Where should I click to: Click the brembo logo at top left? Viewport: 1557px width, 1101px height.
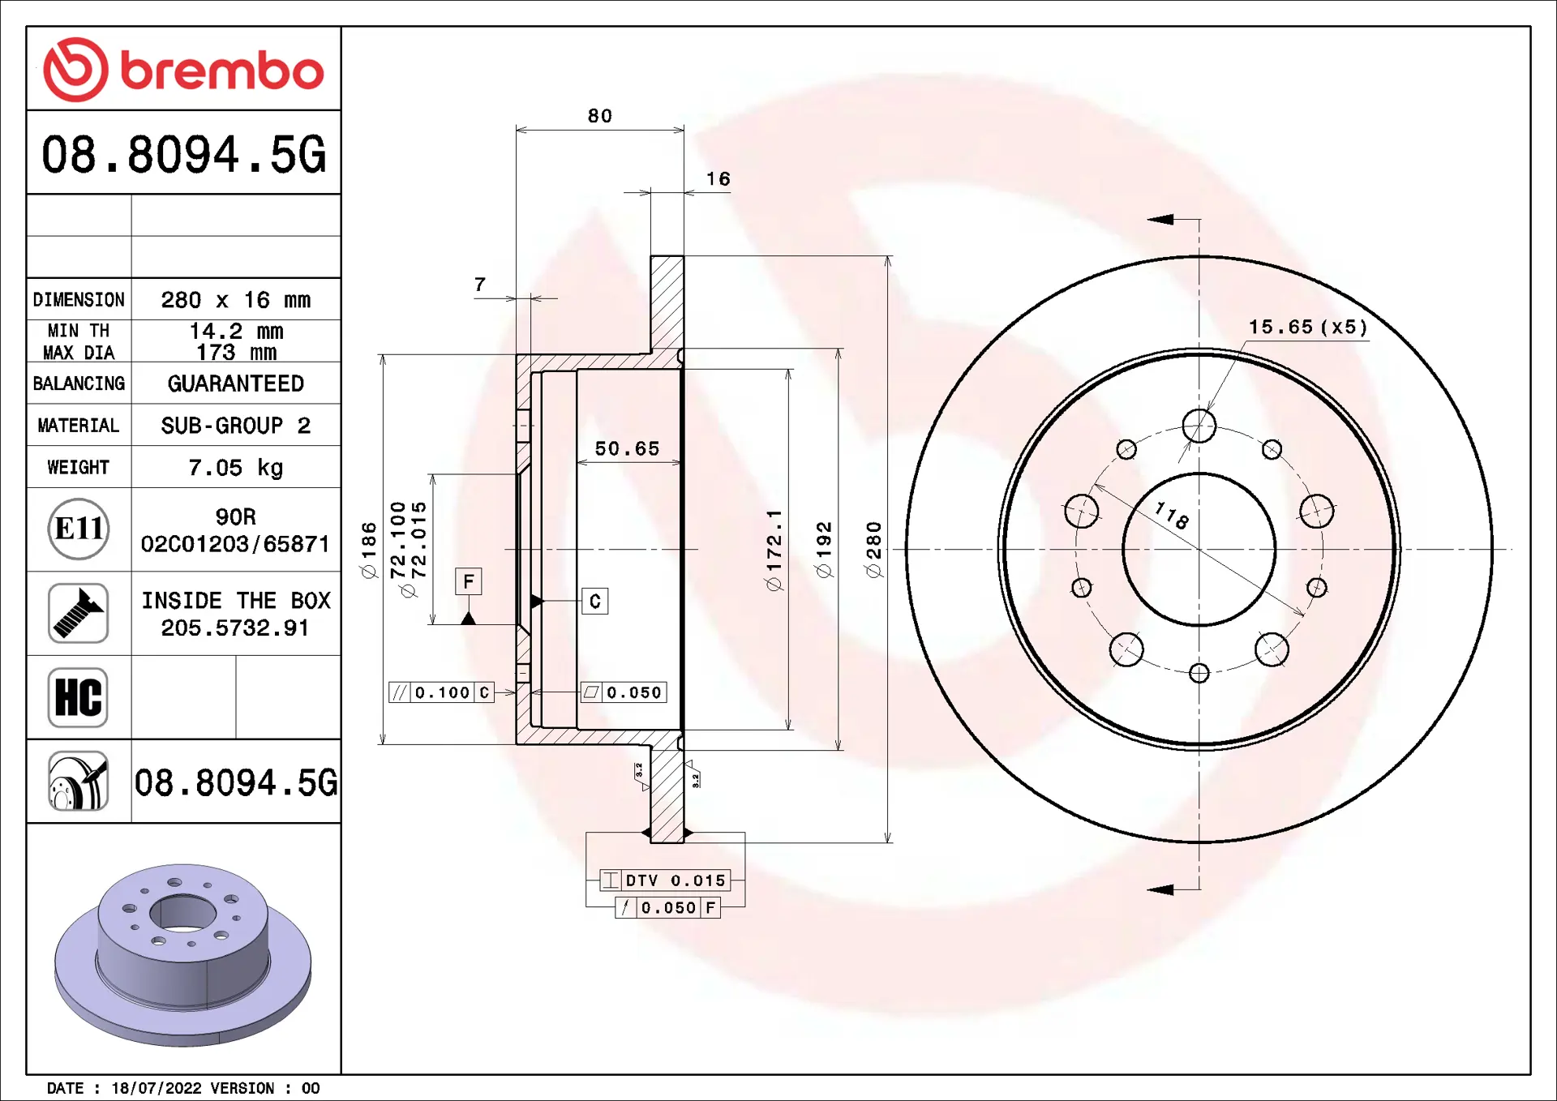183,70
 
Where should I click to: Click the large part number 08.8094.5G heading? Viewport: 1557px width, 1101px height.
183,154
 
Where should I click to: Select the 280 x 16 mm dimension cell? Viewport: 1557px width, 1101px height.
235,300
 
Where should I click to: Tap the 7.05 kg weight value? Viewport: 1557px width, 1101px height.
235,468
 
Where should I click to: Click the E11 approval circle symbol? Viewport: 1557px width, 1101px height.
78,529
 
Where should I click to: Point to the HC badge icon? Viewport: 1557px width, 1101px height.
78,697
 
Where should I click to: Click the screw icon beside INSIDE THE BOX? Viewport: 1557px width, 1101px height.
78,614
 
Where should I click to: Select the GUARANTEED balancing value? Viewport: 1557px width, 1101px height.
235,383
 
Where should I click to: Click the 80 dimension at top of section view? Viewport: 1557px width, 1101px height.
600,116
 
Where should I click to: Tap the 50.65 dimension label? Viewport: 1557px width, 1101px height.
627,448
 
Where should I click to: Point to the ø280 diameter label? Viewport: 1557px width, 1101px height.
873,550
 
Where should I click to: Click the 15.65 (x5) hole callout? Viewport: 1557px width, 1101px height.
1307,327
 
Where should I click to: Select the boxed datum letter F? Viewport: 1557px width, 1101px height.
468,581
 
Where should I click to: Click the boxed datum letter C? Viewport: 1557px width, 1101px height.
594,602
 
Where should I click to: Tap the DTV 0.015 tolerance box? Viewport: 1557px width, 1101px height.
665,880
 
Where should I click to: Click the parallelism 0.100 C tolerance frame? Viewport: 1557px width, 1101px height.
441,692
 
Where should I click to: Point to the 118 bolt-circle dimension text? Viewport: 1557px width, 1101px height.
1172,515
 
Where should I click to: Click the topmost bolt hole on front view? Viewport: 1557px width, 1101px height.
1199,426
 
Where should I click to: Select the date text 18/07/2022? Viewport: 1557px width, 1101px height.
157,1088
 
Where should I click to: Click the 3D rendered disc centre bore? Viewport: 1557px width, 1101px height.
182,914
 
